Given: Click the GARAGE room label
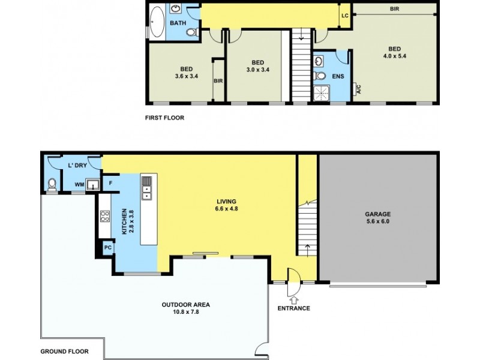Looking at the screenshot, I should click(378, 214).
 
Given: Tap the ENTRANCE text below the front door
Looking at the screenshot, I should click(294, 308).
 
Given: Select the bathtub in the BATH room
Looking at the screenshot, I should click(157, 22).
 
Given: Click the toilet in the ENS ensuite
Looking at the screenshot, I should click(320, 76).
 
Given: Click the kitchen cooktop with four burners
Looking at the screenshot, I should click(104, 216).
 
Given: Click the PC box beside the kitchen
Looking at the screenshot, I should click(108, 247).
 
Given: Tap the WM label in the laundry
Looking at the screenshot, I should click(79, 184).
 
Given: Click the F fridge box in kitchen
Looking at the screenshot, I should click(110, 182).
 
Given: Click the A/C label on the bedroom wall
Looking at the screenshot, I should click(359, 90).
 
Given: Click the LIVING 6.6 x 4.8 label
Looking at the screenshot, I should click(226, 205).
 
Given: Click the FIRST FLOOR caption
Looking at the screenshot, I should click(164, 118).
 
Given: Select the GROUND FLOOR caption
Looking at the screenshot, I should click(64, 351).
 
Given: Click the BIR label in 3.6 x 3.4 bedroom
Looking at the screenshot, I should click(218, 80).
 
